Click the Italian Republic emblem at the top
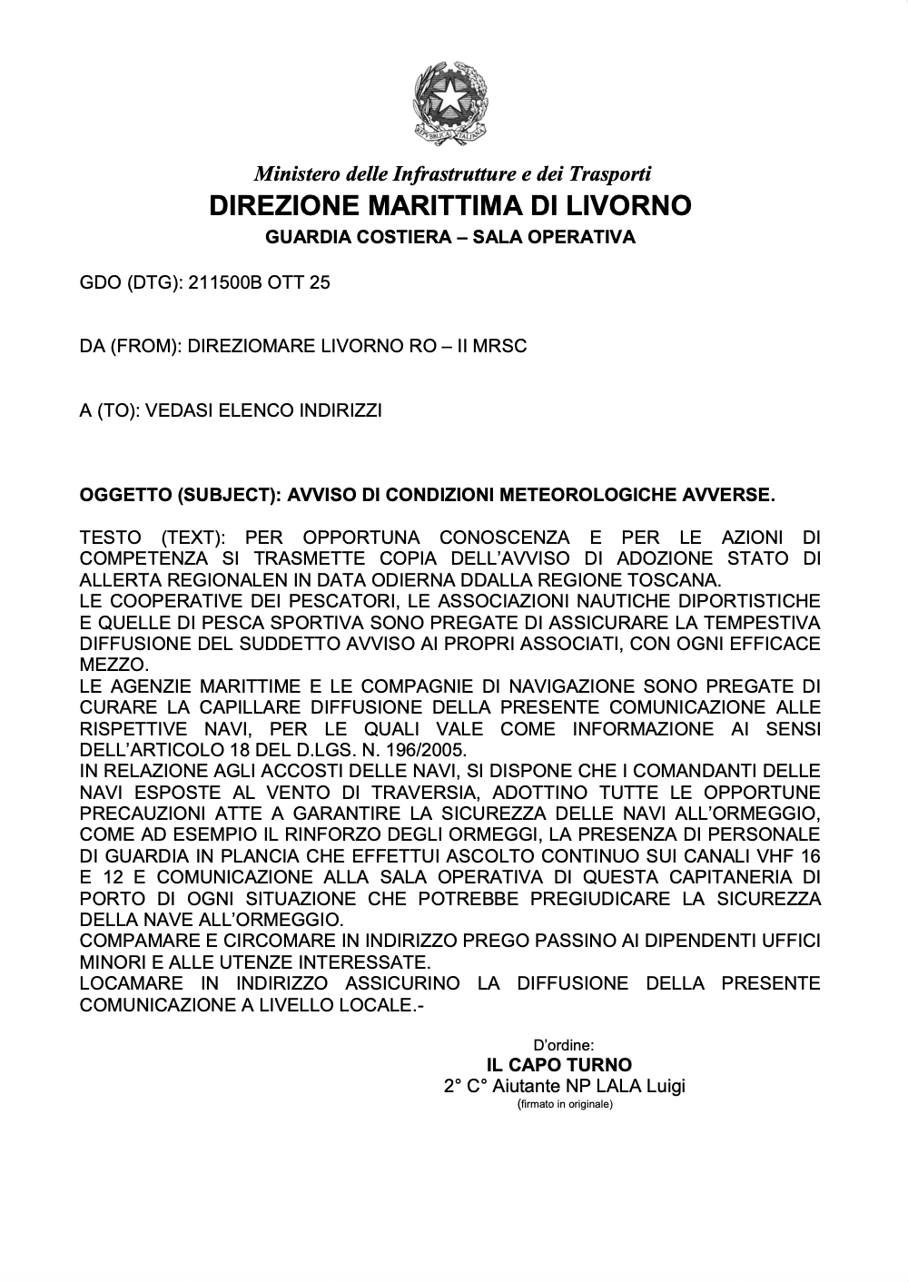451,105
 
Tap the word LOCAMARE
129,984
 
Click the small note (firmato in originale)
565,1105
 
